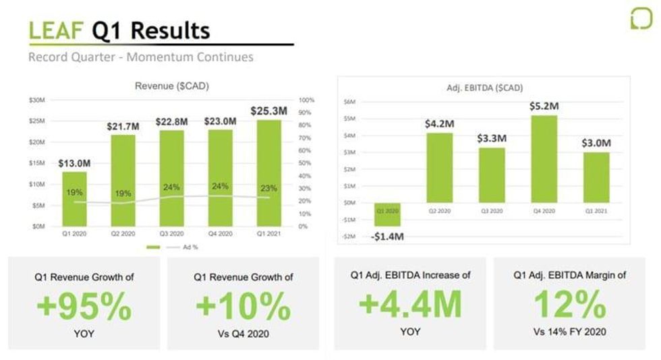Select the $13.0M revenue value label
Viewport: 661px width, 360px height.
(75, 163)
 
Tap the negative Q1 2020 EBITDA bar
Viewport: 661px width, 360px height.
(387, 214)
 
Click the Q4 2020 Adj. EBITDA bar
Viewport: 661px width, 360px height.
(548, 159)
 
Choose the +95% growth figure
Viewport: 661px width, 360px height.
(84, 307)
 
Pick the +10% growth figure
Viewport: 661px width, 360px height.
(243, 307)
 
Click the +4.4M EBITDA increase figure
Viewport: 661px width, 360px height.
(410, 305)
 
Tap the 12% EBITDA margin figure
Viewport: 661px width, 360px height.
(570, 305)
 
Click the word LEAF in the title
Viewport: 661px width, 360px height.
(56, 30)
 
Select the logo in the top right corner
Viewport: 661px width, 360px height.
(641, 18)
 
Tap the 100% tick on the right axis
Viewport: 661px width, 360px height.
(307, 100)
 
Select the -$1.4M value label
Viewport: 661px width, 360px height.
(387, 237)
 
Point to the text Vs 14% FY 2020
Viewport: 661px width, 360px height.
(570, 331)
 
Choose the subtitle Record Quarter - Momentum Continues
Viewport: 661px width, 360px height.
(141, 57)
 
